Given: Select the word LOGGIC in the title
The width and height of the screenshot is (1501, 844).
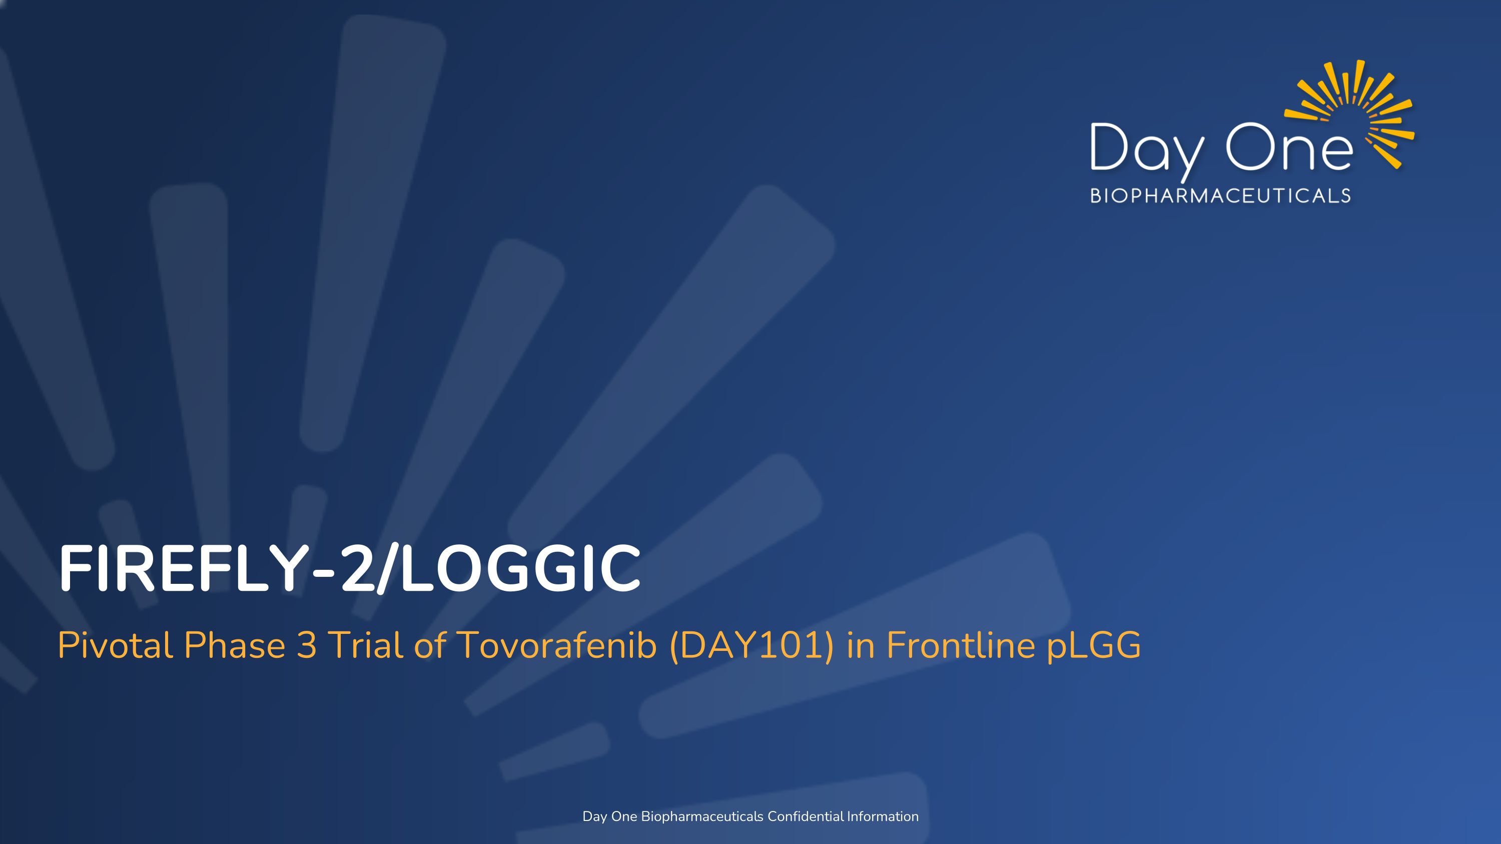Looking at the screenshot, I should (x=520, y=568).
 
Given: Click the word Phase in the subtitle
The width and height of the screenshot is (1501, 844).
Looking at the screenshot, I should (x=234, y=645).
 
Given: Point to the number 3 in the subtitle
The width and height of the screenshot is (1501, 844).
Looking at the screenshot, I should (x=307, y=645).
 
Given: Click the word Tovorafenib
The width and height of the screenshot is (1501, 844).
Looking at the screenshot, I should (x=557, y=645).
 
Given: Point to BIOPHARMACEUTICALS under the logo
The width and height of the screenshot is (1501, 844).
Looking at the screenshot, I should (x=1220, y=196).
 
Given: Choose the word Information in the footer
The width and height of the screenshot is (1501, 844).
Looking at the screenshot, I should (x=883, y=816).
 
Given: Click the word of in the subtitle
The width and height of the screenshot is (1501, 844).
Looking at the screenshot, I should (x=430, y=645).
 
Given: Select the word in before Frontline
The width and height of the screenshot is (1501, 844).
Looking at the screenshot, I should (x=860, y=645).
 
